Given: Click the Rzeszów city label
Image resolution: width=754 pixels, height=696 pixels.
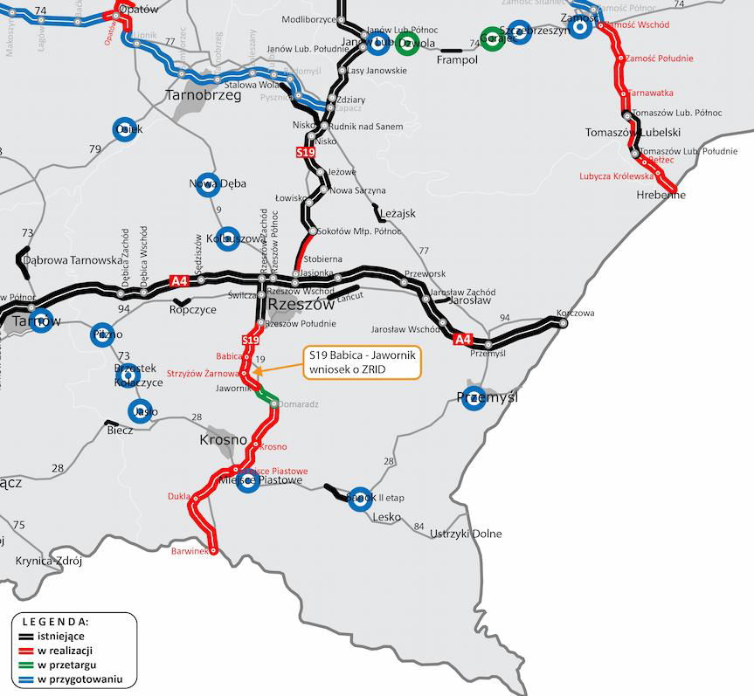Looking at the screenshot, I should [301, 305].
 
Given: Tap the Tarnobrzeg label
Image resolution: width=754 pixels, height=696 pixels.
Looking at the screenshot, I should [204, 95].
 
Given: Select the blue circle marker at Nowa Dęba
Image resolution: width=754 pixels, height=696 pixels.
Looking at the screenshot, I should [206, 183].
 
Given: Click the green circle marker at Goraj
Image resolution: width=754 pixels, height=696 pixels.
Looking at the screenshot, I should [493, 39].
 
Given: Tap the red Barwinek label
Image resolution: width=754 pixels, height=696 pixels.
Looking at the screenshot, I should [190, 552].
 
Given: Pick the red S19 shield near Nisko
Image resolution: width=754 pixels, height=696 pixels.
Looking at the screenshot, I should [305, 153].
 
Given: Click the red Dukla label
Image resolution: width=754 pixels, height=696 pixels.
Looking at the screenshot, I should [178, 496].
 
